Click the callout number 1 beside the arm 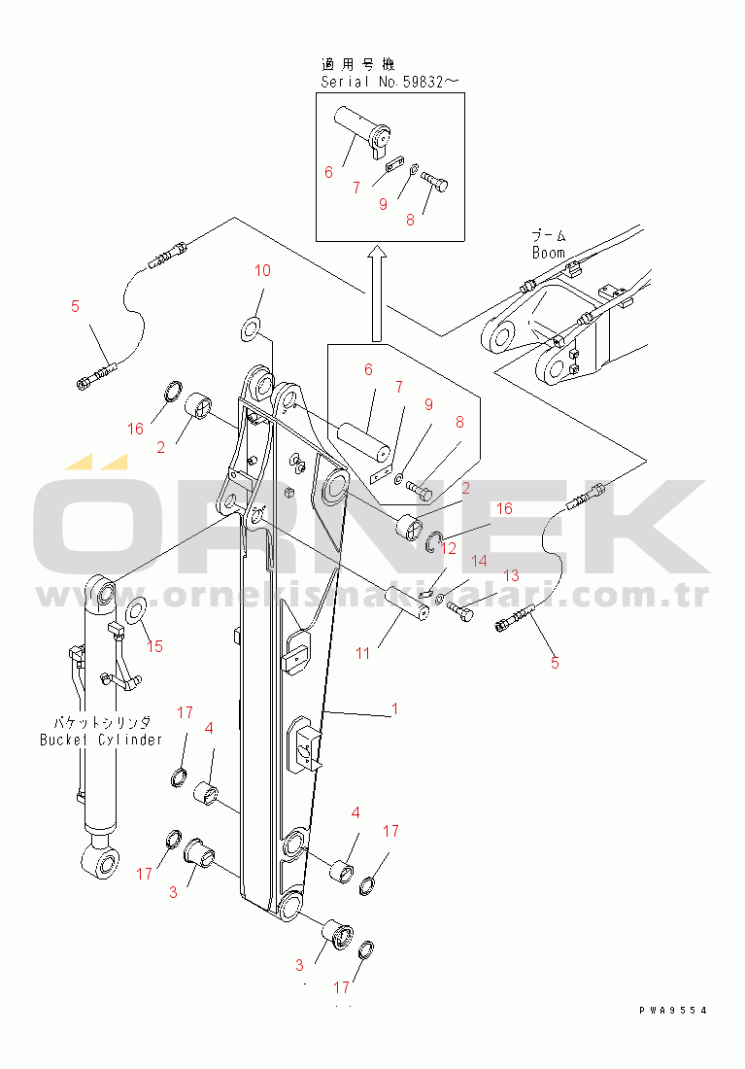click(393, 710)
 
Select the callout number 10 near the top click(262, 270)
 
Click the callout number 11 click(362, 653)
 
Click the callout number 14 click(478, 561)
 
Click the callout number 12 click(448, 548)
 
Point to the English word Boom click(548, 253)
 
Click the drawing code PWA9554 click(672, 1011)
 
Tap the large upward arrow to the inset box click(377, 292)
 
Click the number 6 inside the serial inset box click(328, 172)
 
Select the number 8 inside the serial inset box click(410, 220)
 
